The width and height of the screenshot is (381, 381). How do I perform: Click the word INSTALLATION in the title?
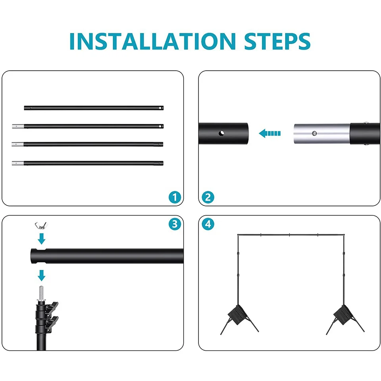(x=152, y=41)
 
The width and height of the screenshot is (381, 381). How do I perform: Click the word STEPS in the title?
(x=277, y=41)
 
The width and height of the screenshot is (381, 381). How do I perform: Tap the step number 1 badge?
(x=175, y=197)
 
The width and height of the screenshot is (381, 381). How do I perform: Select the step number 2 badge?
(x=208, y=197)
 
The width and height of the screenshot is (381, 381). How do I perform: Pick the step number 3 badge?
(x=175, y=224)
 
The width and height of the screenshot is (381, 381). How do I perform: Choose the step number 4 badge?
(x=208, y=224)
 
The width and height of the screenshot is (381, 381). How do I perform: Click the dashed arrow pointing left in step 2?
(x=270, y=133)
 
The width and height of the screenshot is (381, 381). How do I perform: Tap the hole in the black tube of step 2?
(x=221, y=133)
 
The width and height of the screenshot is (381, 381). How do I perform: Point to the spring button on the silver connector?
(x=314, y=133)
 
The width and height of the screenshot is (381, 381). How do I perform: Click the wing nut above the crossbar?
(x=40, y=226)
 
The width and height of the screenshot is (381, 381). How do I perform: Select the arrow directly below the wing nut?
(x=42, y=239)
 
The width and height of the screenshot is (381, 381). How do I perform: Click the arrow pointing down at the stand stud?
(x=42, y=275)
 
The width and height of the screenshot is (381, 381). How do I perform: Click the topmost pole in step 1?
(x=94, y=108)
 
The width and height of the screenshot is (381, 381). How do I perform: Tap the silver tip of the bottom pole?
(x=18, y=163)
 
